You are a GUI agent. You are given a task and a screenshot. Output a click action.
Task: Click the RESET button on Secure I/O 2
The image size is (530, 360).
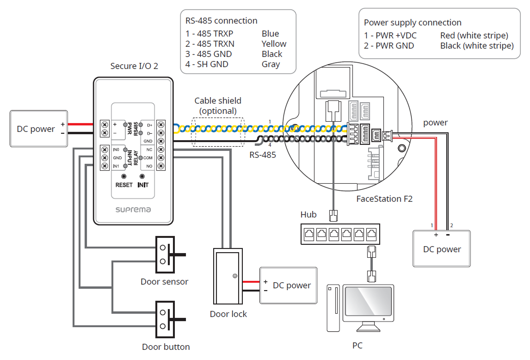[124, 177]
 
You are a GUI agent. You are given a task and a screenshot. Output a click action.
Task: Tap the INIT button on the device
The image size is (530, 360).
[142, 177]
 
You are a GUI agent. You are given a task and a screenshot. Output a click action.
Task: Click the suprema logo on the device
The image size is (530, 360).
[133, 210]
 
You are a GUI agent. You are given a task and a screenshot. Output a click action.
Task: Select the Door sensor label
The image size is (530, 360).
[164, 281]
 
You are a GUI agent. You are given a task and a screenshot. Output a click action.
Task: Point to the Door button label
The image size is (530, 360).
[166, 347]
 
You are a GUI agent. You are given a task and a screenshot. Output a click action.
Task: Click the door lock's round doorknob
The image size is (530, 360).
[235, 276]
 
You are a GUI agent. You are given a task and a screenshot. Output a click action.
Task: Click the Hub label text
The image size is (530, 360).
[308, 215]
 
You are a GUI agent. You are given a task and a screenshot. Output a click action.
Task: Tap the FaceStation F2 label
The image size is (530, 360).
[384, 199]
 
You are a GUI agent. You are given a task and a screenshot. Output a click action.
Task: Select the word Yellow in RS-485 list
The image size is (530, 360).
[274, 44]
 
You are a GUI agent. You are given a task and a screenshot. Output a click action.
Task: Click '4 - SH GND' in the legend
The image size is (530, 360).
[207, 64]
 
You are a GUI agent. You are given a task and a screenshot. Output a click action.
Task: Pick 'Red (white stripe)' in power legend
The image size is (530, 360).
[474, 36]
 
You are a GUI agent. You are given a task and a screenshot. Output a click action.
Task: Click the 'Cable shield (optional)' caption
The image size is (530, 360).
[218, 106]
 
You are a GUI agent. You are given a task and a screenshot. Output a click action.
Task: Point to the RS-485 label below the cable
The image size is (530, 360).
[263, 155]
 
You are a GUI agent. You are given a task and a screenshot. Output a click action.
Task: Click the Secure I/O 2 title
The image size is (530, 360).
[134, 66]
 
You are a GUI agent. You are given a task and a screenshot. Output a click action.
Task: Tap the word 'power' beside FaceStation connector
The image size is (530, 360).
[435, 123]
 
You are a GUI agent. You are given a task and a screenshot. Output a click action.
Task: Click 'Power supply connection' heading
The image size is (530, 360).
[413, 23]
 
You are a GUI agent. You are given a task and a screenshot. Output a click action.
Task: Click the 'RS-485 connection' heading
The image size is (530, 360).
[221, 21]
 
